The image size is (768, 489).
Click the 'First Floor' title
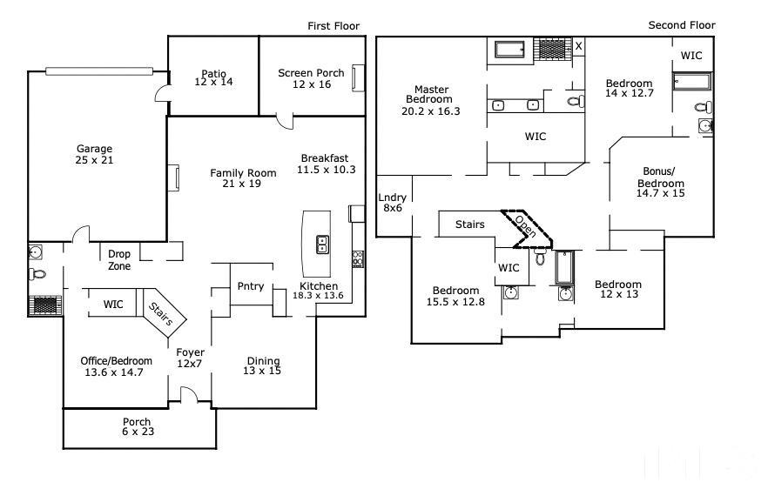[x=333, y=26]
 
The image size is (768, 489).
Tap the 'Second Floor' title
[x=681, y=25]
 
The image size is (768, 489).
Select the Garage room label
[x=95, y=148]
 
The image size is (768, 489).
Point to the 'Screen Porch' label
[x=311, y=73]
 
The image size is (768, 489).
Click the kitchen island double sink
[x=322, y=244]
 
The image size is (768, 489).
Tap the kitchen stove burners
[x=358, y=259]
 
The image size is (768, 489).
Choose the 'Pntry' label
[x=251, y=286]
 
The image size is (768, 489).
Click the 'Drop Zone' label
[x=119, y=260]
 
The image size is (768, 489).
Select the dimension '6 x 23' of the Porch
[x=138, y=432]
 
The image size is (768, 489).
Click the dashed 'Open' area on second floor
[x=527, y=229]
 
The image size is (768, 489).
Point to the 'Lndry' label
[x=393, y=198]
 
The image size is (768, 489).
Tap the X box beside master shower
[x=578, y=46]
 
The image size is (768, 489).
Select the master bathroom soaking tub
[x=509, y=50]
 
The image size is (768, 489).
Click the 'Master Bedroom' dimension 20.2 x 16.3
[x=430, y=111]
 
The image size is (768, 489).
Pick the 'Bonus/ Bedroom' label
[x=660, y=178]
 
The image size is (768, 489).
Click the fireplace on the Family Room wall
[x=174, y=178]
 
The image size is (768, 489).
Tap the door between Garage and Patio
[x=163, y=93]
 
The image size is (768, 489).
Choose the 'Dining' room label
[x=264, y=361]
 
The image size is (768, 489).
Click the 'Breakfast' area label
[x=325, y=158]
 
